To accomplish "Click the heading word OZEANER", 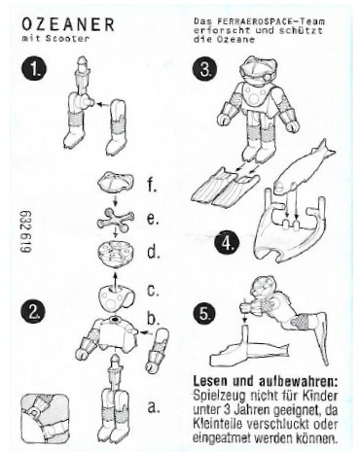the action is pos(68,24).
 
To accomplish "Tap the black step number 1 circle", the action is pos(34,69).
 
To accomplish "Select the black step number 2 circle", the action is pos(33,312).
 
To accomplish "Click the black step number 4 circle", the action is pos(227,244).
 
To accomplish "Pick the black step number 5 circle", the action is pos(203,314).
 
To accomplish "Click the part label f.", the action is pos(152,185).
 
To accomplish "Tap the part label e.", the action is pos(153,220).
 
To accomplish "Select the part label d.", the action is pos(154,252).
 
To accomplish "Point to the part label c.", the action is pos(153,290).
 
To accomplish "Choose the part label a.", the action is pos(153,407).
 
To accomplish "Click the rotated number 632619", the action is pos(26,231).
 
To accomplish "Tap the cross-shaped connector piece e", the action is pos(115,221).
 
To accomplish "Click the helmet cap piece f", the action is pos(116,182).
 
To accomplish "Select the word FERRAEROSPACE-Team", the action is pos(270,22).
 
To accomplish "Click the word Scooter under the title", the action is pos(67,38).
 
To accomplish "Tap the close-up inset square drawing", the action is pos(45,419).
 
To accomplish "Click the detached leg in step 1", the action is pos(116,126).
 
